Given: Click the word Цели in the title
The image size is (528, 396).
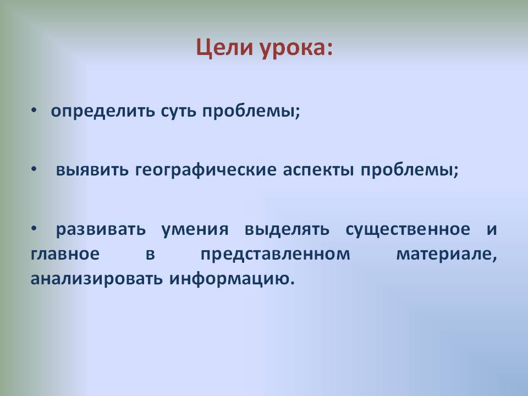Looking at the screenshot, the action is tap(224, 48).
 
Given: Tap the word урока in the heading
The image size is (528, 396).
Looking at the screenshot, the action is tap(292, 49).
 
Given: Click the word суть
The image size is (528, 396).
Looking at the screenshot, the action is tap(178, 112).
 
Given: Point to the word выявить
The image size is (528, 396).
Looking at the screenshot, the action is tap(92, 170).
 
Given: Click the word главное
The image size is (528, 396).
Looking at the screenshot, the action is tap(65, 254).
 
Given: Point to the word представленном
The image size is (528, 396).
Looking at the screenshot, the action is tap(276, 254).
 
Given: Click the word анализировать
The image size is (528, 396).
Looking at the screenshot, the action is tap(97, 279).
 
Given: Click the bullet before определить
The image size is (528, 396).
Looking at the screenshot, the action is tap(34, 110).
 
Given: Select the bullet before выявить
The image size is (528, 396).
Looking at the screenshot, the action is tap(34, 169).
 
